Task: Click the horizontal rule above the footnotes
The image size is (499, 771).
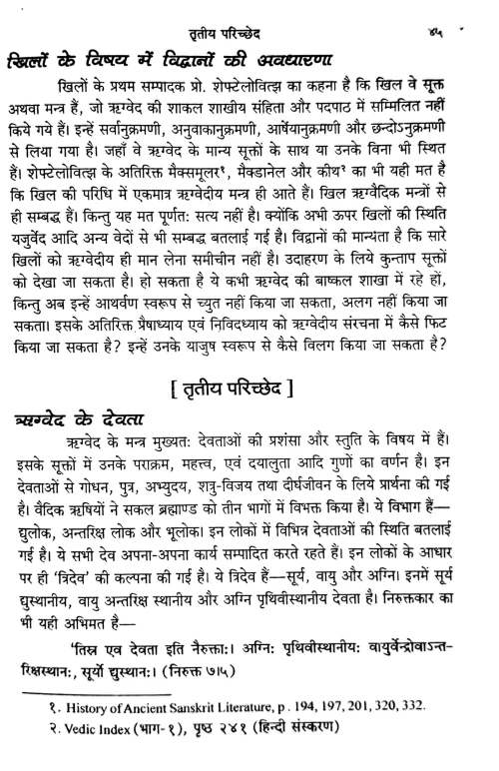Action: (x=100, y=721)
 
